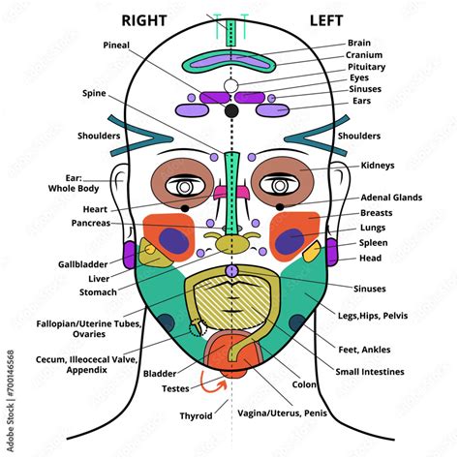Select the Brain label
pyautogui.click(x=360, y=43)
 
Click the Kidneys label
pyautogui.click(x=378, y=166)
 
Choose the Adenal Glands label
pyautogui.click(x=390, y=197)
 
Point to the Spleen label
pyautogui.click(x=374, y=242)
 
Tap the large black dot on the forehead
pyautogui.click(x=230, y=111)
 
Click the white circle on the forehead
pyautogui.click(x=230, y=87)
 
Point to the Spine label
pyautogui.click(x=95, y=93)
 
